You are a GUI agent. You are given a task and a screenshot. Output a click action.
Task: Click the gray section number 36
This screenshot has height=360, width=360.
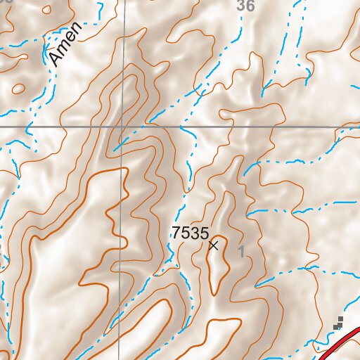pyautogui.click(x=245, y=6)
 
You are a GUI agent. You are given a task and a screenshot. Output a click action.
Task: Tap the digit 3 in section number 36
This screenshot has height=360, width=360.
pyautogui.click(x=242, y=6)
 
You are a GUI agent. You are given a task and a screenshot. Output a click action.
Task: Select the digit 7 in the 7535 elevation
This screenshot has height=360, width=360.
pyautogui.click(x=176, y=233)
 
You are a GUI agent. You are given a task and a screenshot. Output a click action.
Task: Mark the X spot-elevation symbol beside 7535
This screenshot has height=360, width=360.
pyautogui.click(x=214, y=245)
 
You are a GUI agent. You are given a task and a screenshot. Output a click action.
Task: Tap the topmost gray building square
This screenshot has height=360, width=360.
pyautogui.click(x=341, y=319)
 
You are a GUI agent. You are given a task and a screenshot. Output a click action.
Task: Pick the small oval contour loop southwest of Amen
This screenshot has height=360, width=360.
pyautogui.click(x=18, y=89)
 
